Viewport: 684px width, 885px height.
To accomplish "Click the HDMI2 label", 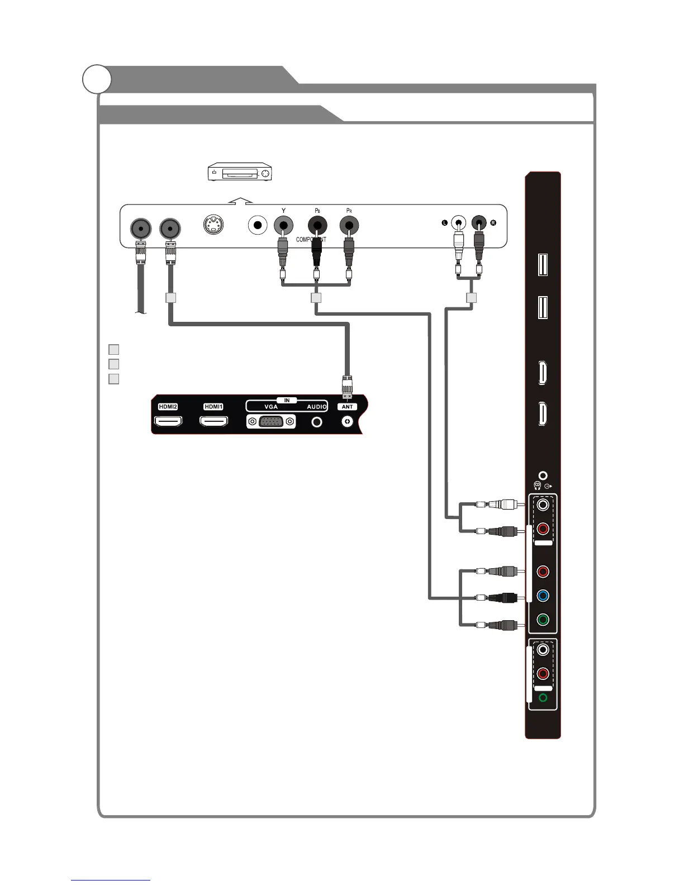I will (168, 407).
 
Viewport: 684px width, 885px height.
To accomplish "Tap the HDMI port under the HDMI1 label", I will (213, 422).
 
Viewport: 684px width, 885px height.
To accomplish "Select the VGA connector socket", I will (271, 422).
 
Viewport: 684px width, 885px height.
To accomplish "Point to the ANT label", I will (348, 407).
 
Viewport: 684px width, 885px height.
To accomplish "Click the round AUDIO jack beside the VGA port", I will (317, 422).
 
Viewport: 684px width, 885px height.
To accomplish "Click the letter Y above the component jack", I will (284, 211).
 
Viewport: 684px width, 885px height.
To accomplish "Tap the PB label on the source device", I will (317, 211).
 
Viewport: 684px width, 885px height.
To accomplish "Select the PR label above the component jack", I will (349, 211).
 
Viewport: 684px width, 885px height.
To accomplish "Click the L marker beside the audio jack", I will (445, 223).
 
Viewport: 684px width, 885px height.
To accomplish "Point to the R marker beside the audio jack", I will (493, 223).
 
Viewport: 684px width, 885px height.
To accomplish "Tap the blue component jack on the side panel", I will (542, 596).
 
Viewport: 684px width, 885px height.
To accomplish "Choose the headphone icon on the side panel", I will (538, 486).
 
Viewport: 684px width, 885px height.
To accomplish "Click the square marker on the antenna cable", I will (171, 298).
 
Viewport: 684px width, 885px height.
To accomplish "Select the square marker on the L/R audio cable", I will (471, 298).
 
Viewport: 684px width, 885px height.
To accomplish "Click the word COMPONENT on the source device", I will (311, 240).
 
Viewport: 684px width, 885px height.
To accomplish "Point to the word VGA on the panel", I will (271, 407).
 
